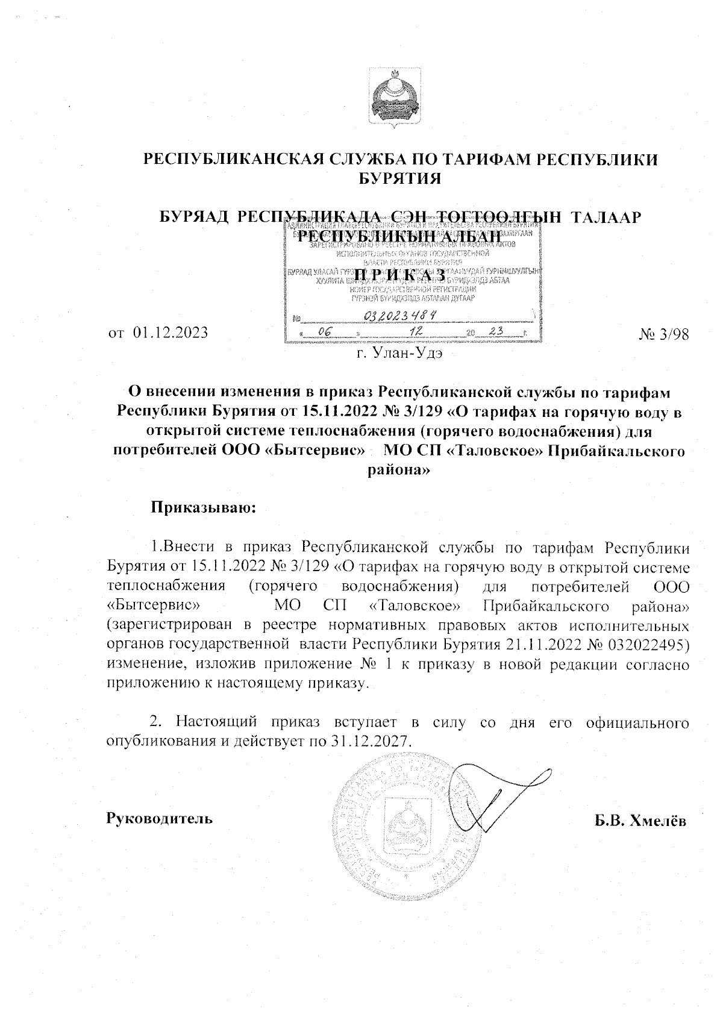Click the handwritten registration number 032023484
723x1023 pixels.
[400, 316]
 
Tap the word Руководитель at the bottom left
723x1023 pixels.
[159, 819]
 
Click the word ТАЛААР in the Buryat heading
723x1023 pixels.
[605, 217]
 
